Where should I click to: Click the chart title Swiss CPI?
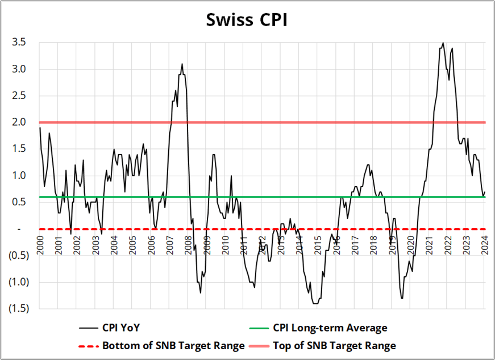(247, 20)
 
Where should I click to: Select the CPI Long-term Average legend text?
(330, 328)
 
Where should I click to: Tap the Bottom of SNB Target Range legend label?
(173, 345)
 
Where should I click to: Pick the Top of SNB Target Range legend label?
(334, 345)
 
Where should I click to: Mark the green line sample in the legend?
(259, 328)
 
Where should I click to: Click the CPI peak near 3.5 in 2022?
(443, 43)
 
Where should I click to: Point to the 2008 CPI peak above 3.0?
(182, 64)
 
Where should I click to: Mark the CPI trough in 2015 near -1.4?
(315, 304)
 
